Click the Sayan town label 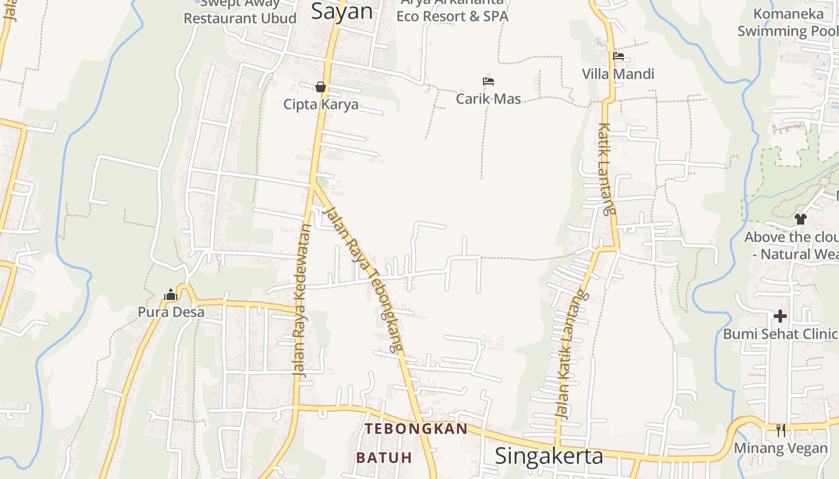tap(342, 12)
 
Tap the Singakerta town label tap(548, 456)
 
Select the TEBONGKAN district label tap(416, 429)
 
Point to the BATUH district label tap(384, 458)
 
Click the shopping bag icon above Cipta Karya tap(321, 87)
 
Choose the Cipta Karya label tap(321, 104)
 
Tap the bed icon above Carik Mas tap(488, 81)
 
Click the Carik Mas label tap(488, 99)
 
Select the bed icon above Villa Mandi tap(618, 57)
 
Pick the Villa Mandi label tap(618, 74)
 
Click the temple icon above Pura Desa tap(171, 295)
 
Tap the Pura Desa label tap(171, 312)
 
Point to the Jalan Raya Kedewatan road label tap(301, 299)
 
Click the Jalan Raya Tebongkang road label tap(362, 279)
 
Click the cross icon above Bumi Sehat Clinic tap(780, 316)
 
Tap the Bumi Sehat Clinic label tap(780, 334)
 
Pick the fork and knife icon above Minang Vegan tap(780, 429)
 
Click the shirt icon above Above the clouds tap(801, 219)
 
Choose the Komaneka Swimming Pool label tap(787, 22)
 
